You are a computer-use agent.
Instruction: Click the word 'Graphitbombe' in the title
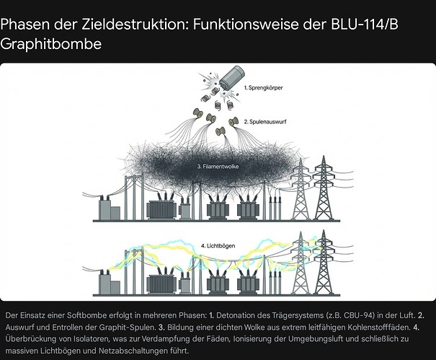click(x=50, y=44)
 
